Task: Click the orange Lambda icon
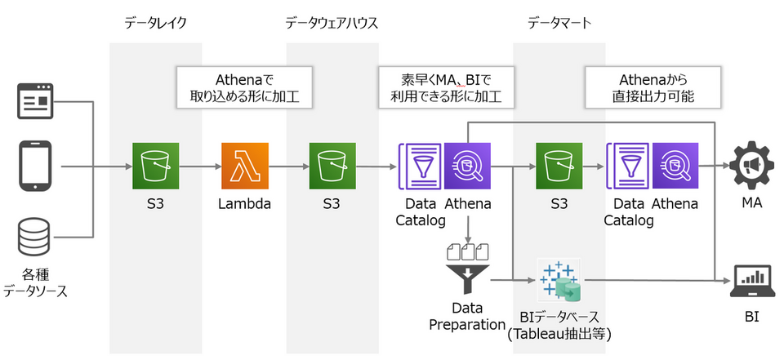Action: click(244, 166)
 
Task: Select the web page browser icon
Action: click(34, 102)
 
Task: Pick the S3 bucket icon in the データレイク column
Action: click(156, 166)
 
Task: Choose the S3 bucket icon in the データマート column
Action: click(559, 166)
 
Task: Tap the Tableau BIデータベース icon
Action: click(559, 280)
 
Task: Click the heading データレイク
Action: click(156, 23)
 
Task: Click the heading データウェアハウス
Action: click(332, 23)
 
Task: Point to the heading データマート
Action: click(559, 23)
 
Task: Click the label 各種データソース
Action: click(34, 281)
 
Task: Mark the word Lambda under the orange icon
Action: click(244, 203)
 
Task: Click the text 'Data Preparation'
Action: click(467, 316)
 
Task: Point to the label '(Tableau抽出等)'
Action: click(559, 333)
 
